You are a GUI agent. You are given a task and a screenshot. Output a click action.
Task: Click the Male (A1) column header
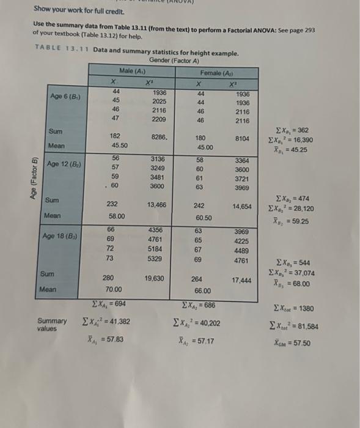133,71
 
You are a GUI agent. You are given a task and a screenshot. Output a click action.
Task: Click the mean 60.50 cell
203,218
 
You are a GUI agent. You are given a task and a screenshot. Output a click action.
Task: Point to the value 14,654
241,207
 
